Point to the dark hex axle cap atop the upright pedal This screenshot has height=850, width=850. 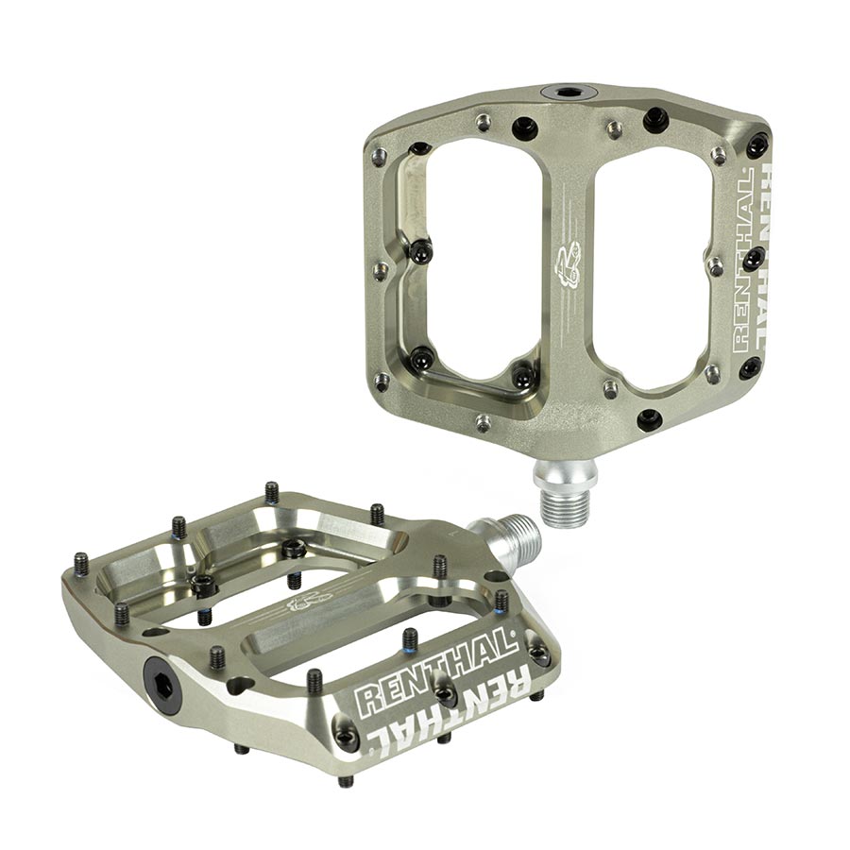(x=568, y=93)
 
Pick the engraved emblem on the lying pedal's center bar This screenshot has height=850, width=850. (x=310, y=600)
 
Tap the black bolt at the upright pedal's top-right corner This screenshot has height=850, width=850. (x=756, y=144)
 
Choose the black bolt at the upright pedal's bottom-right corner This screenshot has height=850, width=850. (x=750, y=367)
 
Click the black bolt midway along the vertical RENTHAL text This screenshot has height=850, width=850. (x=753, y=257)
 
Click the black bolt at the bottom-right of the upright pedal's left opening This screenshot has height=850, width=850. (x=522, y=376)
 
